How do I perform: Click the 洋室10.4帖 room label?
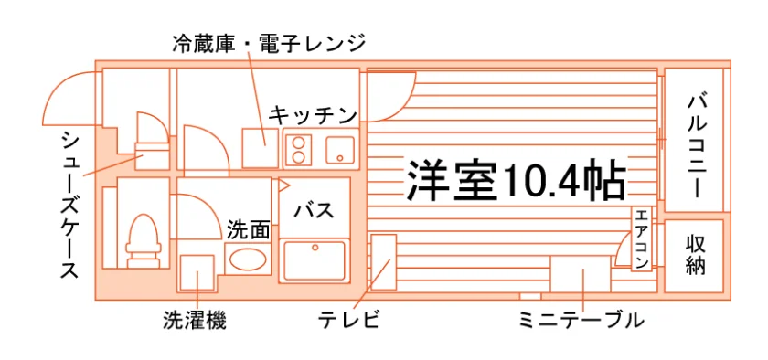tap(516, 181)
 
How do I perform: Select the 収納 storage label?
tap(695, 255)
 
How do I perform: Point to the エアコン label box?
tap(643, 239)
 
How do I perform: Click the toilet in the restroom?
tap(143, 240)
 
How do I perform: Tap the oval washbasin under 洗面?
tap(249, 259)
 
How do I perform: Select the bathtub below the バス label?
tap(315, 260)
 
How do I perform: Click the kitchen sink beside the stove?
tap(340, 149)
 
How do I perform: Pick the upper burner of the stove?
tap(299, 142)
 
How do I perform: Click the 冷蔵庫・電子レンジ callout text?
tap(269, 44)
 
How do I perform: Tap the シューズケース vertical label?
tap(70, 205)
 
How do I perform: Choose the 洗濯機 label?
tap(195, 321)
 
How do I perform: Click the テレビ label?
tap(348, 321)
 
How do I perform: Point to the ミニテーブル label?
tap(581, 321)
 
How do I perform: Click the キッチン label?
tap(313, 116)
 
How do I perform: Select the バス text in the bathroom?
tap(314, 211)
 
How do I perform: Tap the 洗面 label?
tap(249, 230)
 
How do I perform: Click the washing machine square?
tap(197, 272)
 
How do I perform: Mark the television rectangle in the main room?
tap(383, 262)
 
